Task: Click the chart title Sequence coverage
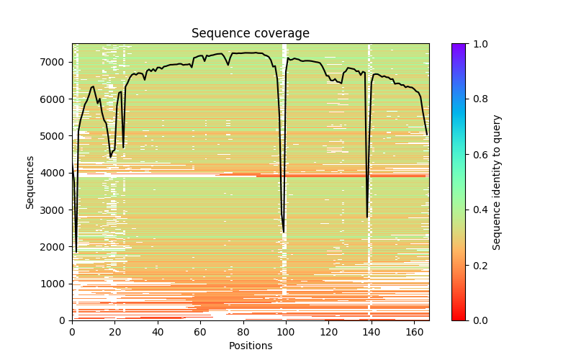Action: click(x=250, y=34)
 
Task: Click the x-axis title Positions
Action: click(x=250, y=346)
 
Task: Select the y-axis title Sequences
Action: click(x=30, y=181)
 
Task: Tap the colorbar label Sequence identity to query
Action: click(x=497, y=181)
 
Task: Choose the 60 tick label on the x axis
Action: click(x=200, y=332)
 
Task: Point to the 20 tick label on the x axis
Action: click(x=114, y=332)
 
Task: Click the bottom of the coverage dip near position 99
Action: click(x=284, y=232)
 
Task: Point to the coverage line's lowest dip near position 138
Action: click(x=367, y=217)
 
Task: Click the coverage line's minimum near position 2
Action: click(x=76, y=251)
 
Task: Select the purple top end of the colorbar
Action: click(x=459, y=46)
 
